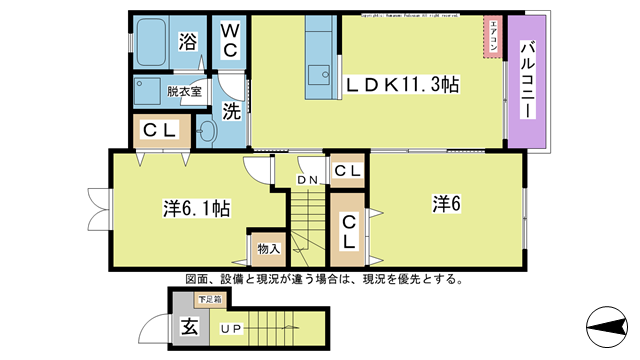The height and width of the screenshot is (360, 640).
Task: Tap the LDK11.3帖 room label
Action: click(x=402, y=86)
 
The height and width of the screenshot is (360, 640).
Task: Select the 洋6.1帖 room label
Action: click(x=197, y=209)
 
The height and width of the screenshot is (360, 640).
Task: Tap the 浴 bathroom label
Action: click(x=187, y=41)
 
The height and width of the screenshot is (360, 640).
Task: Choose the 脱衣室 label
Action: click(x=184, y=89)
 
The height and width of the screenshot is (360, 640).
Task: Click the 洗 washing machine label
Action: click(x=230, y=112)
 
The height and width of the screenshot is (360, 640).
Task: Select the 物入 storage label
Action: click(x=267, y=248)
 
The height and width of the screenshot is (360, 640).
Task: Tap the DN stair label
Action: click(x=307, y=180)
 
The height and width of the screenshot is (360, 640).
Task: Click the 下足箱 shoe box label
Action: click(x=209, y=298)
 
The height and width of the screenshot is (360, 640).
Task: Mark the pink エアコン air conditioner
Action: click(x=492, y=37)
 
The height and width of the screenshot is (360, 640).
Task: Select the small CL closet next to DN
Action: click(x=347, y=171)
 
